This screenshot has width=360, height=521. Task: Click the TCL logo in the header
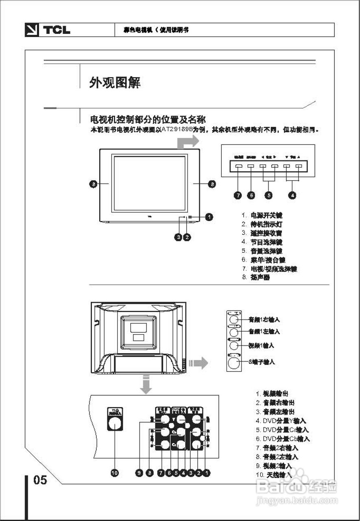coord(48,30)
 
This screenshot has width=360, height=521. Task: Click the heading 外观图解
coord(115,83)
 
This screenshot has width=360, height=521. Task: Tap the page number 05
coord(40,480)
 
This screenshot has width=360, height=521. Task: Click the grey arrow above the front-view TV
coord(188,142)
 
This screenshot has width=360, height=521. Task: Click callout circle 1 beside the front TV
coord(209,217)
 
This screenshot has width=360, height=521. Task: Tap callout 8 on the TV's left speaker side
coord(94,184)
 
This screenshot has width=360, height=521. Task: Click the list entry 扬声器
coord(260,278)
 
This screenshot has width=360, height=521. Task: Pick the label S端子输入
coord(262,361)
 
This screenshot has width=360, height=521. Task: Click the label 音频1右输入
coord(264,320)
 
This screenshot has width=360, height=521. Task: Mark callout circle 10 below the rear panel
coord(115,473)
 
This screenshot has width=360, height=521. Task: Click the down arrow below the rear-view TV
coord(146,385)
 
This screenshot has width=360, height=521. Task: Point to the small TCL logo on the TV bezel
coord(149,215)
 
